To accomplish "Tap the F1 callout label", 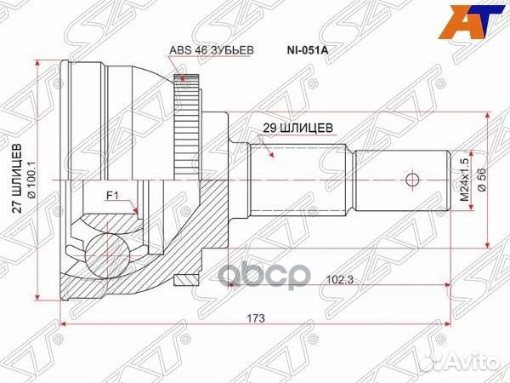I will coord(111,197).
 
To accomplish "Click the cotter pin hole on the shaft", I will coord(411,180).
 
